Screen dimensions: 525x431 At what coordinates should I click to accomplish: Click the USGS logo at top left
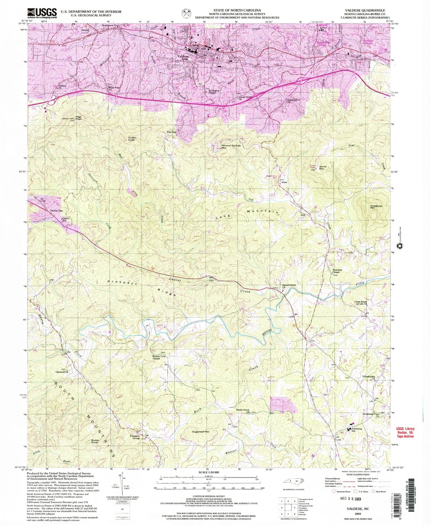pyautogui.click(x=42, y=13)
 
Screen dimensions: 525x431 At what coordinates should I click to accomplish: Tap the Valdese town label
pyautogui.click(x=183, y=56)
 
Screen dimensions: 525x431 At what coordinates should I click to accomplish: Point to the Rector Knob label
pyautogui.click(x=132, y=139)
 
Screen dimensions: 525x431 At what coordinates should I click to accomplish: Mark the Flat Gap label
pyautogui.click(x=172, y=131)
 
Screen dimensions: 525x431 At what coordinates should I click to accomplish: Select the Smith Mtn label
pyautogui.click(x=323, y=168)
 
